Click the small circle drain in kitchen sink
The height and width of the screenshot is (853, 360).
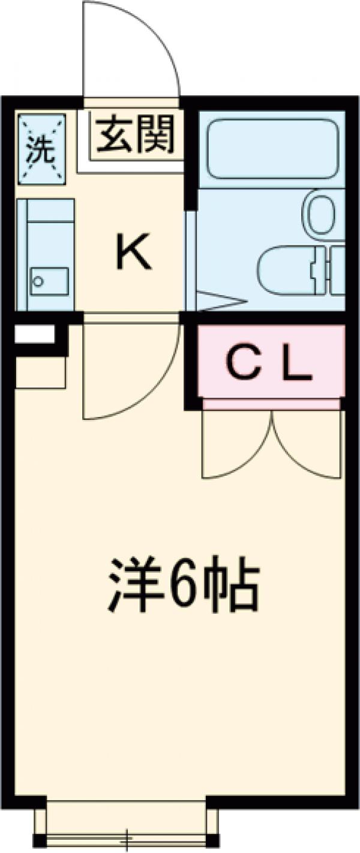click(38, 281)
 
